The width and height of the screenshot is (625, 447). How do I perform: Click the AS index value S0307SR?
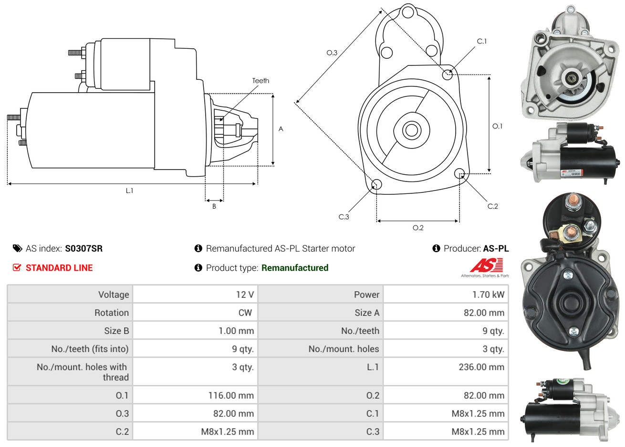point(83,248)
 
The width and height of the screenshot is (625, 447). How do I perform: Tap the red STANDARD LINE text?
point(59,268)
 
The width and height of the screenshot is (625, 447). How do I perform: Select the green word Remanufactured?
point(295,268)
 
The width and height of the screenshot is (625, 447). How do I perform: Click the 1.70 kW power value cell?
point(488,295)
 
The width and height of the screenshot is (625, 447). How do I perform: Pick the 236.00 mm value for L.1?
point(481,367)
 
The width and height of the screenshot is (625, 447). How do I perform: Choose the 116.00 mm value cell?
point(231,395)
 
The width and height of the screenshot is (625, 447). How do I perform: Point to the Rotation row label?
point(112,313)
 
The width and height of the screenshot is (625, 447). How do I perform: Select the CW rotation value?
point(245,313)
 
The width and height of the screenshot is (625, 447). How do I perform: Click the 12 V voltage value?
point(245,295)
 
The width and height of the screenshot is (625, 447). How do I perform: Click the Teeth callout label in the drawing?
point(260,81)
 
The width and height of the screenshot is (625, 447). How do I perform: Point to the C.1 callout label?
point(482,42)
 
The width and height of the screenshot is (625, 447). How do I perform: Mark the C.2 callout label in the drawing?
point(492,206)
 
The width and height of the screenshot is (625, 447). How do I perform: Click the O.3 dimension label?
point(332,53)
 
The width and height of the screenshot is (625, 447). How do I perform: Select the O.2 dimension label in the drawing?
point(418,228)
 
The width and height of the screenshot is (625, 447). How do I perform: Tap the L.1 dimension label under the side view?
point(130,191)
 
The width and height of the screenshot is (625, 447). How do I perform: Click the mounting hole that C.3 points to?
point(376,185)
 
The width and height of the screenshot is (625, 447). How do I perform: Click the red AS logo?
point(486,265)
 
